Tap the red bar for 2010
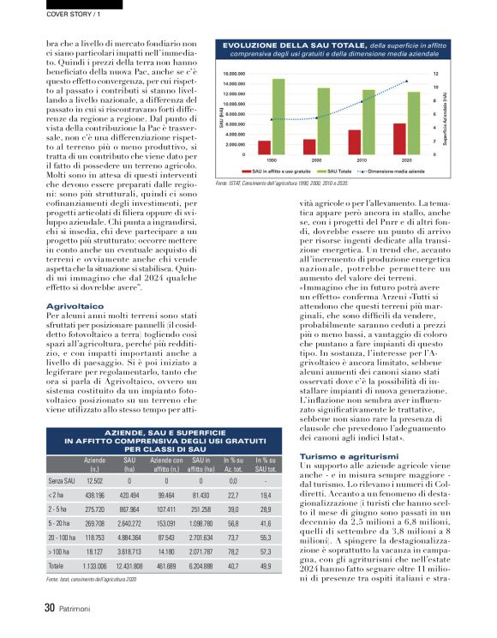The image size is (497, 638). coord(354,142)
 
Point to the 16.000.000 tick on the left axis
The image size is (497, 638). coord(235,75)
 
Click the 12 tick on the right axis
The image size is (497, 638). coord(436,75)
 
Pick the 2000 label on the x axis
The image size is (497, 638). coord(317,160)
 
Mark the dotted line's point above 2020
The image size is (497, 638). coord(407,81)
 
